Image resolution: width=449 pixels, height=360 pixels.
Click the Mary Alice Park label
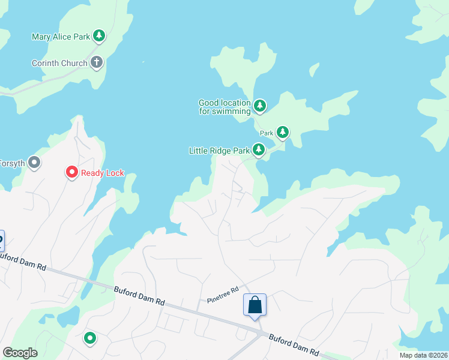coord(60,37)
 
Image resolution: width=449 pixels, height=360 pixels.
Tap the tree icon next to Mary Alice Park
coord(99,36)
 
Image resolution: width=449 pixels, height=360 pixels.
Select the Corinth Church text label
coord(59,63)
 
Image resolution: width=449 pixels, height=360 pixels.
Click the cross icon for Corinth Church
coord(97,62)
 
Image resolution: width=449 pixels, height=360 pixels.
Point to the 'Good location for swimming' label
coord(224,107)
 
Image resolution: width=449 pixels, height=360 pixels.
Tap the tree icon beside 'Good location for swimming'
coord(259,106)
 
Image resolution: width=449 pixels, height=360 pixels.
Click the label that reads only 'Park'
coord(267,133)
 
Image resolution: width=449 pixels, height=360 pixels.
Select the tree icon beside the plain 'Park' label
coord(282,132)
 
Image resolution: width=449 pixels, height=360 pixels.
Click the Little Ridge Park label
coord(218,150)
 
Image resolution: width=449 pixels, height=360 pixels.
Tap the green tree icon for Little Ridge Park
coord(259,149)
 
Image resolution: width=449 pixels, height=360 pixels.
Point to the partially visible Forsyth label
coord(11,163)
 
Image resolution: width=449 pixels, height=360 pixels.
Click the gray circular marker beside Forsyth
coord(35,162)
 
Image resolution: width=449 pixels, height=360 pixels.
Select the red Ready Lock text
coord(103,173)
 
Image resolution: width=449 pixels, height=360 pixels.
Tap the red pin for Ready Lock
coord(71,173)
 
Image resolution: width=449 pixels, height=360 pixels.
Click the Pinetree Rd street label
coord(223,294)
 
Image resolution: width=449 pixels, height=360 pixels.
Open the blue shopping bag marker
coord(255,305)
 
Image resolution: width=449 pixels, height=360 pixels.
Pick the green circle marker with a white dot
coord(90,338)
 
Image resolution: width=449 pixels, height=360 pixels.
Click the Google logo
coord(20,352)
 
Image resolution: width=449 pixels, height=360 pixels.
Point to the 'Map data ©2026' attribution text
coord(423,355)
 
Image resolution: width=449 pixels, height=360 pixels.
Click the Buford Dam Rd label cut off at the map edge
coord(23,260)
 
